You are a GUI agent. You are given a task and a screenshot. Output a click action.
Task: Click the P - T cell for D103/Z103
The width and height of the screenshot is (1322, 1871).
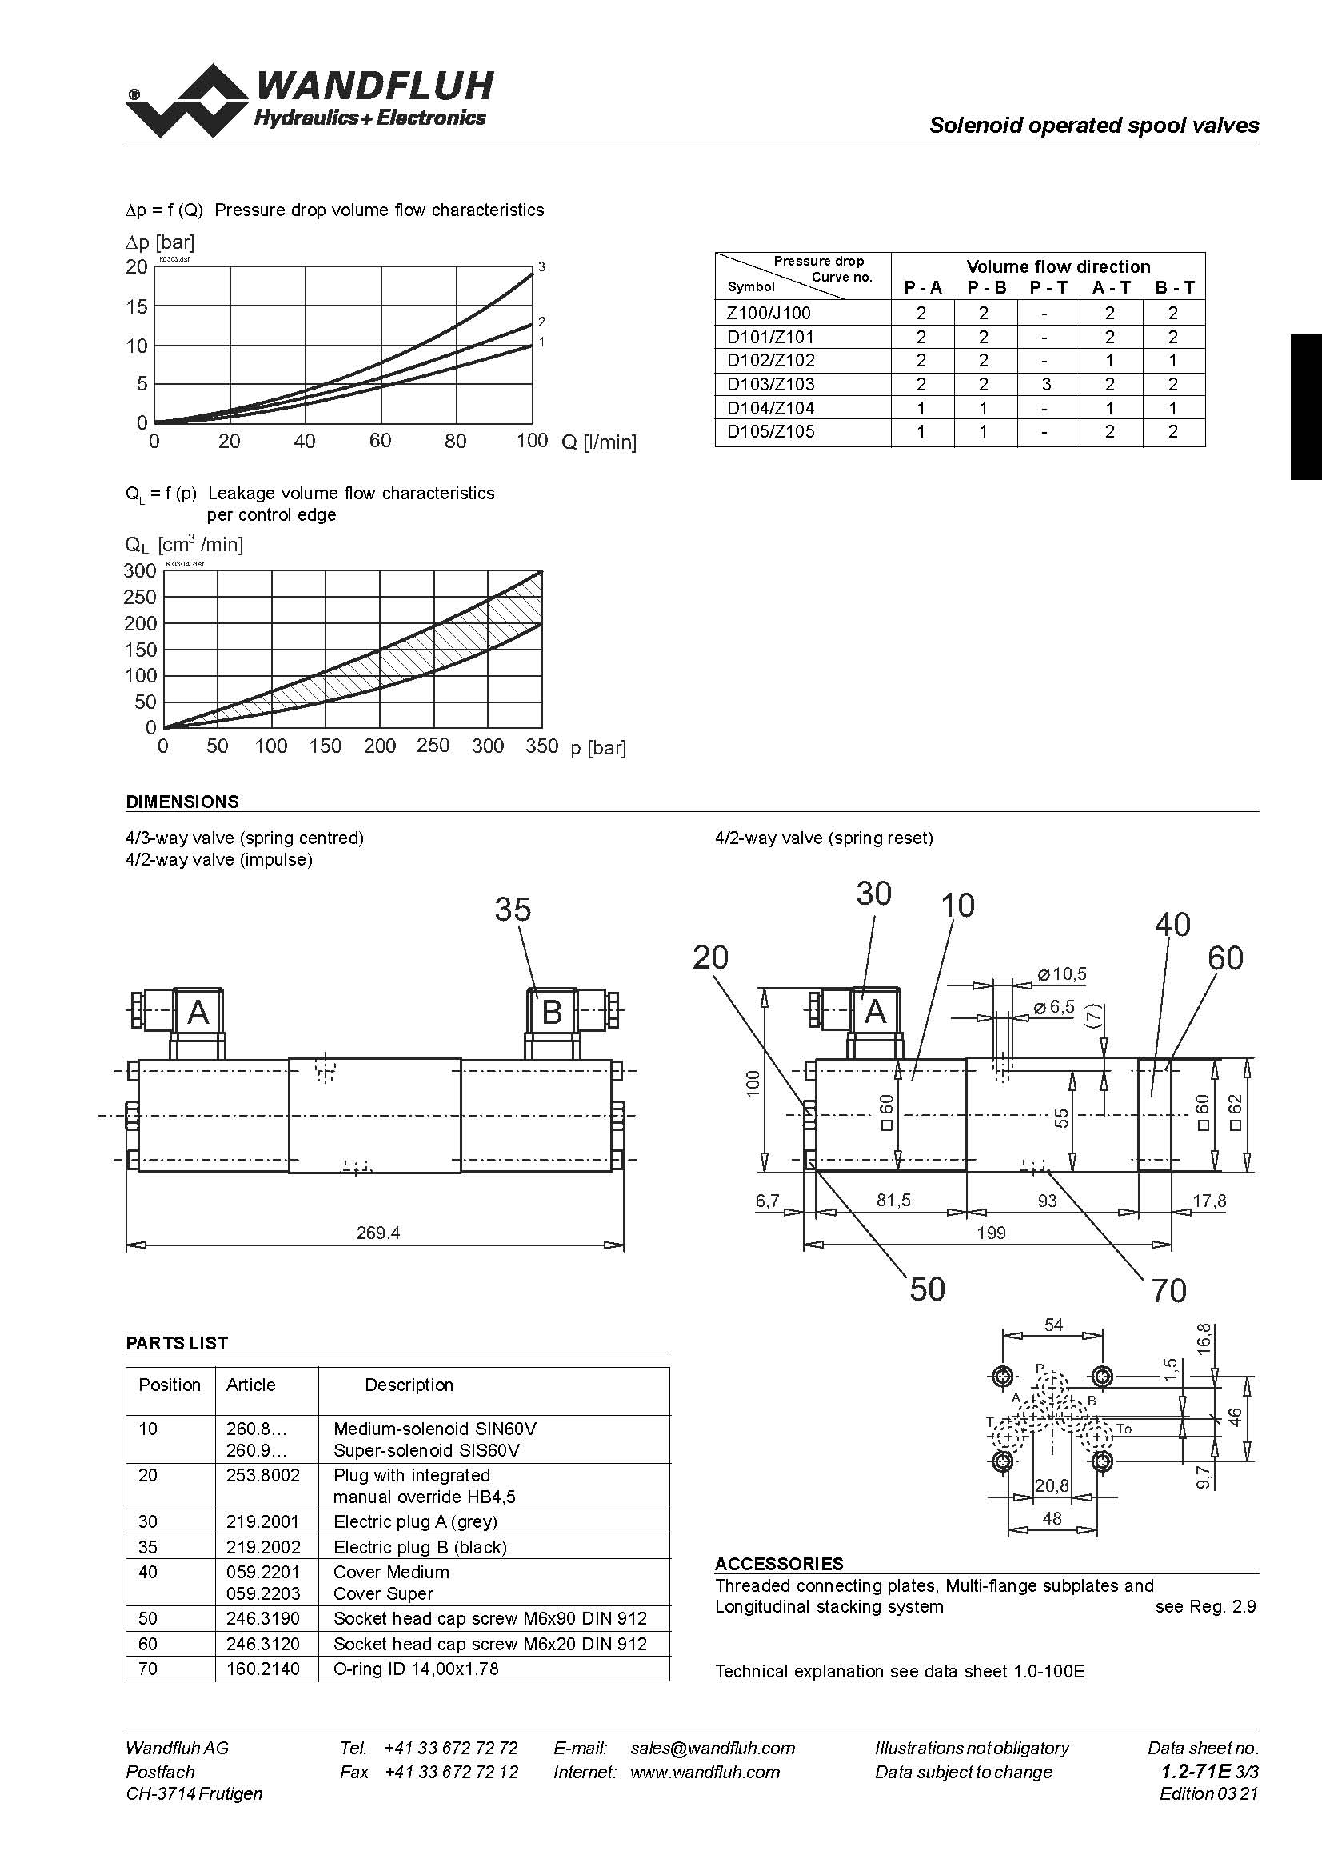coord(1047,385)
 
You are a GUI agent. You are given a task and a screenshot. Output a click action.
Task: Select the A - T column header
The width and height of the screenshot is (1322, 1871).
coord(1111,288)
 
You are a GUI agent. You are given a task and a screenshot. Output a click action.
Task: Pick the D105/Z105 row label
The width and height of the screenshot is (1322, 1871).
coord(770,432)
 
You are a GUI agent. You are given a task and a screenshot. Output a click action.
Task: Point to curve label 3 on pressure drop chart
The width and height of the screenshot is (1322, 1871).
coord(541,267)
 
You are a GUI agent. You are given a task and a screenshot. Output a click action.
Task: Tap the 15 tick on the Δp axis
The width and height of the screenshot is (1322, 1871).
coord(137,307)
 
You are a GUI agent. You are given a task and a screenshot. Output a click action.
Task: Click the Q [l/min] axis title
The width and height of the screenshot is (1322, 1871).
coord(599,442)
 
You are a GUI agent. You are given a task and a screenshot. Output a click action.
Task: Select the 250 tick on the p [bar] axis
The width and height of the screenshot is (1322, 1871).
coord(433,746)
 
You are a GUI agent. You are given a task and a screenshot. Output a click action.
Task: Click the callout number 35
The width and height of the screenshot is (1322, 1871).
coord(513,910)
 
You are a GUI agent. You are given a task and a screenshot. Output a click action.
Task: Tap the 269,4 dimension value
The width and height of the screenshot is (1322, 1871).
coord(379,1233)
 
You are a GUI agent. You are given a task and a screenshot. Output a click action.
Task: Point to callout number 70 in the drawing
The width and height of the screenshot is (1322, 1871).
coord(1169,1291)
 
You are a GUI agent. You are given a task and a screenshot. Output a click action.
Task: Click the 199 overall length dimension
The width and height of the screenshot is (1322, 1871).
coord(991,1233)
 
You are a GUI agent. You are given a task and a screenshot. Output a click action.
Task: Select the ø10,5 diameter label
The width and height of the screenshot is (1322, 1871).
coord(1062,974)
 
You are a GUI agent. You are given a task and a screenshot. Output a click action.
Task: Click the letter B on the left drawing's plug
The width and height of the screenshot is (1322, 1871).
coord(552,1013)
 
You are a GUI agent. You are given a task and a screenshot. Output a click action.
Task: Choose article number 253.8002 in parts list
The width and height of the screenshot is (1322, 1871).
coord(263,1476)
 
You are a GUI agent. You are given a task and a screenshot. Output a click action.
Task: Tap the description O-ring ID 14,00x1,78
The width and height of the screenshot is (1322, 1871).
coord(416,1669)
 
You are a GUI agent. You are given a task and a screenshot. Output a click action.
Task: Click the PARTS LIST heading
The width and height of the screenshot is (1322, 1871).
coord(177,1344)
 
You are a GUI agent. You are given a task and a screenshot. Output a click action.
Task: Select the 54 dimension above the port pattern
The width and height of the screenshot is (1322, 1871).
coord(1053,1325)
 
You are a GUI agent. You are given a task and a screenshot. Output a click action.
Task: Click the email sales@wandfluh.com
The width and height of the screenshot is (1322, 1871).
coord(713,1749)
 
